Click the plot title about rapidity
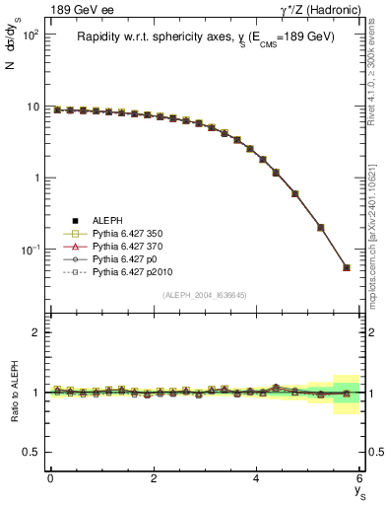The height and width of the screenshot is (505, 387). pyautogui.click(x=205, y=36)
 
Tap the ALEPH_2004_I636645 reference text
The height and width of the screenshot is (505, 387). pyautogui.click(x=205, y=294)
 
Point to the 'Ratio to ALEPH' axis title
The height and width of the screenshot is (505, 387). pyautogui.click(x=13, y=392)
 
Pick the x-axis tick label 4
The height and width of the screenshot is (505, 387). pyautogui.click(x=256, y=478)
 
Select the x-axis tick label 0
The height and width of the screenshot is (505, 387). pyautogui.click(x=50, y=478)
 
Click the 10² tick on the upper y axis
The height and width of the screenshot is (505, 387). pyautogui.click(x=30, y=35)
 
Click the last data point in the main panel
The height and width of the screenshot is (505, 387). pyautogui.click(x=346, y=267)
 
